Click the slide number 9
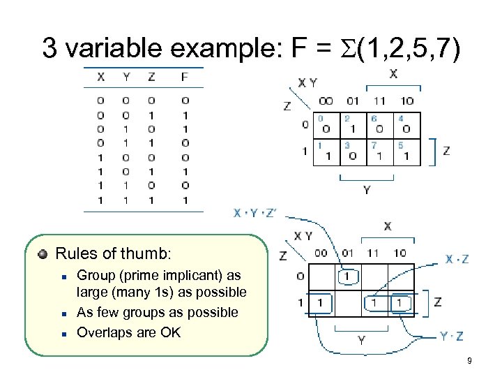coord(470,361)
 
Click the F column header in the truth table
coord(184,77)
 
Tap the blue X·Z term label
coord(457,259)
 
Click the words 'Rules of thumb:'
coord(112,252)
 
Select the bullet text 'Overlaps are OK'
coord(128,332)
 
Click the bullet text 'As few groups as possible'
coord(157,312)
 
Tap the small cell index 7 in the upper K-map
coord(374,145)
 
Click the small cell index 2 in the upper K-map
coord(347,119)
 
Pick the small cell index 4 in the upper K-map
coord(400,119)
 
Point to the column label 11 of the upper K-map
coord(379,101)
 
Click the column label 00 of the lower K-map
coord(321,253)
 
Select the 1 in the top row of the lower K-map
coord(347,276)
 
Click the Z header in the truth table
coord(151,77)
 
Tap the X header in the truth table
coord(101,77)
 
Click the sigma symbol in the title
coord(348,48)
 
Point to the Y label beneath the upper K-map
coord(367,189)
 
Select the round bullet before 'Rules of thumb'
coord(43,253)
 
